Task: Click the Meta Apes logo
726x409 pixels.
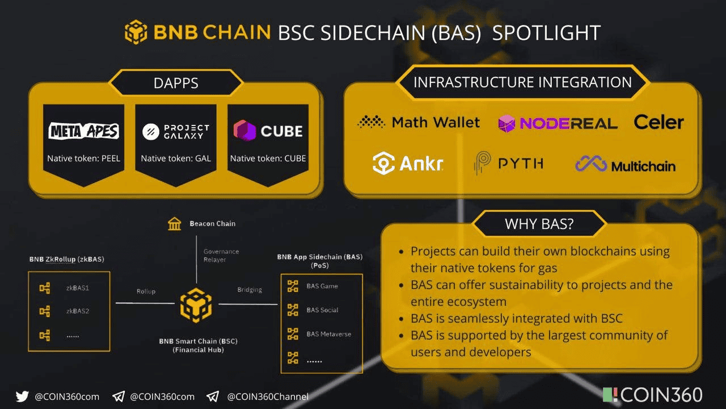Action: coord(83,131)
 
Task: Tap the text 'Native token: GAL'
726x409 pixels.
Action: coord(176,158)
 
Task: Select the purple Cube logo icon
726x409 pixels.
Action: coord(244,131)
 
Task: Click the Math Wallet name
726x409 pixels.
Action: coord(436,122)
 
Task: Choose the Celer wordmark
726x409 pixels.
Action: coord(659,122)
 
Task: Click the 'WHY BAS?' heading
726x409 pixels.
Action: coord(539,224)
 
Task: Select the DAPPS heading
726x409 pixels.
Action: coord(176,83)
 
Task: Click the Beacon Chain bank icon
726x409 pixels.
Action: coord(175,224)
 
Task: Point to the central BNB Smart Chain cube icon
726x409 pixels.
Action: coord(196,305)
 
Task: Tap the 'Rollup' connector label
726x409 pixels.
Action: coord(146,291)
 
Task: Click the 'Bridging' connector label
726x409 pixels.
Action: coord(250,290)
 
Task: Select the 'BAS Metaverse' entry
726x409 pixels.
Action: coord(328,334)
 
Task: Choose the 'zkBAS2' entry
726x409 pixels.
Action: coord(78,311)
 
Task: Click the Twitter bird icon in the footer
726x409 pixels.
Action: coord(22,397)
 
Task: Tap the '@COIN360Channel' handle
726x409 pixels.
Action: coord(268,397)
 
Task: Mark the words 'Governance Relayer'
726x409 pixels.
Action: coord(221,256)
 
